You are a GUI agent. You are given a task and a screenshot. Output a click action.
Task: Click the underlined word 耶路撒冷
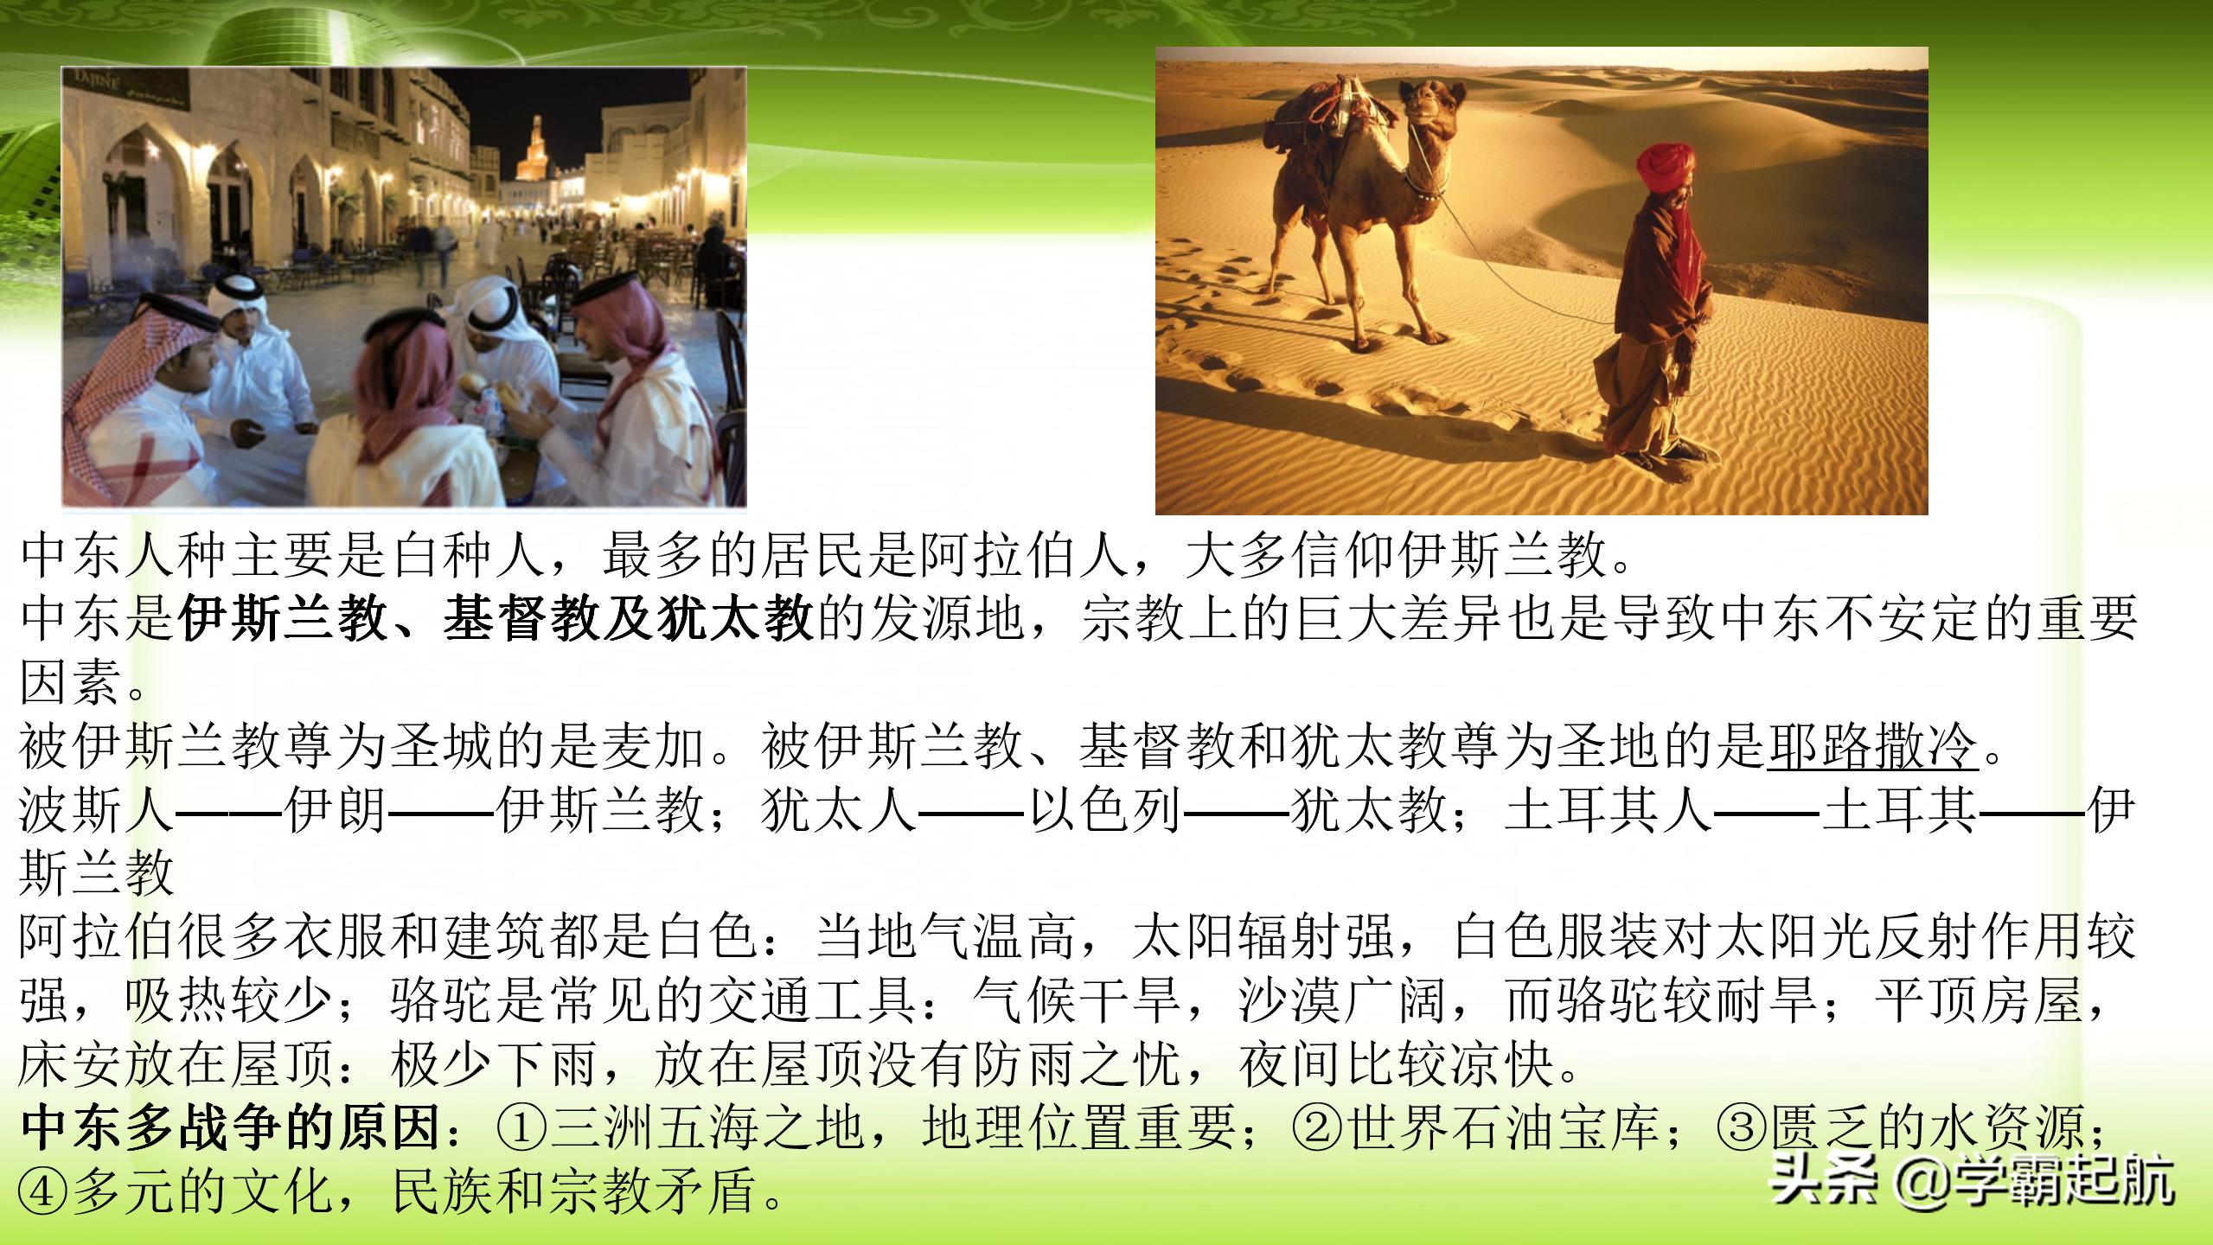pos(1871,746)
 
